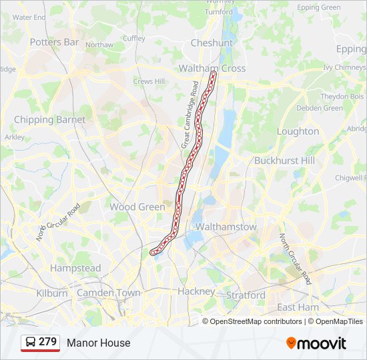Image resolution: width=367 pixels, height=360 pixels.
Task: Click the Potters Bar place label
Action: tap(55, 41)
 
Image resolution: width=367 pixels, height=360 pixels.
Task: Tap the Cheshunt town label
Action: tap(212, 43)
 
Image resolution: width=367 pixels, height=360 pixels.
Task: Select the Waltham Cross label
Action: tap(212, 68)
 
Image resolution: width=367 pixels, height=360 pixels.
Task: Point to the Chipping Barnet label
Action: tap(49, 119)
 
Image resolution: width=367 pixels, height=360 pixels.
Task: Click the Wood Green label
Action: tap(137, 207)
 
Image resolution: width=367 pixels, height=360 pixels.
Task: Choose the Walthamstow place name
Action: tap(226, 227)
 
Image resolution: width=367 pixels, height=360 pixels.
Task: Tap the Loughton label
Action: tap(298, 131)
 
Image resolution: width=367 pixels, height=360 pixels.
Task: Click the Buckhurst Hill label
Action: tap(284, 161)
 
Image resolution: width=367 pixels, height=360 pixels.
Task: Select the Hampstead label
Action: tap(75, 268)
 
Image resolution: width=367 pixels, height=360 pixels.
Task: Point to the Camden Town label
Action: tap(109, 293)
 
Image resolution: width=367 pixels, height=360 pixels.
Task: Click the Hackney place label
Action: tap(196, 291)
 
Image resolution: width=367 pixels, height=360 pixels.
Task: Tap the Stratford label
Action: tap(246, 295)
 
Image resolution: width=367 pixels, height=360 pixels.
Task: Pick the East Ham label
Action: tap(298, 307)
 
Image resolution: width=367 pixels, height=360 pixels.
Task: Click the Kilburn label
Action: tap(52, 293)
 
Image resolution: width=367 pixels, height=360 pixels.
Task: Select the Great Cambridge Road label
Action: tap(190, 114)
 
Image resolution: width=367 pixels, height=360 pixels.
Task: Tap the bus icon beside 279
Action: tap(30, 343)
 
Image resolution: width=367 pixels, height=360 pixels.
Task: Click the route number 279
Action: tap(47, 342)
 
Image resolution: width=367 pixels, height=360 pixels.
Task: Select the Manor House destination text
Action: tap(98, 343)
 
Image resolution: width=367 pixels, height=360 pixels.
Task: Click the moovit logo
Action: tap(316, 343)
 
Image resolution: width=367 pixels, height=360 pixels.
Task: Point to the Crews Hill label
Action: tap(148, 81)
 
